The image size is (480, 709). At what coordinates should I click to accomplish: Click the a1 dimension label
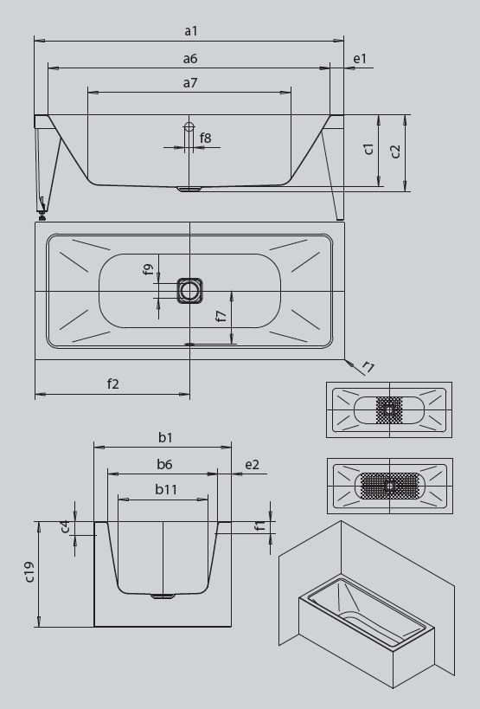point(191,31)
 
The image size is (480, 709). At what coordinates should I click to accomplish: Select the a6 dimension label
point(190,58)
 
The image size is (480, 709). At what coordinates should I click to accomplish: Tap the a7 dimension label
point(190,83)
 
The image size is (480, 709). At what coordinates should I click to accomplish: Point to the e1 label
point(360,58)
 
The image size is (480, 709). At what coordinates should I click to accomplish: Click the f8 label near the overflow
point(206,138)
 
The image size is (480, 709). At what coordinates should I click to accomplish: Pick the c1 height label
point(369,149)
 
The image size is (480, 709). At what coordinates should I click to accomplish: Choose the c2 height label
point(395,151)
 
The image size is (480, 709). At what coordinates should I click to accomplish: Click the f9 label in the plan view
point(148,269)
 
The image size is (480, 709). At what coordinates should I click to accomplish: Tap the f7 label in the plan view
point(221,316)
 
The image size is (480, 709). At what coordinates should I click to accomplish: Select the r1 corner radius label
point(368,367)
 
